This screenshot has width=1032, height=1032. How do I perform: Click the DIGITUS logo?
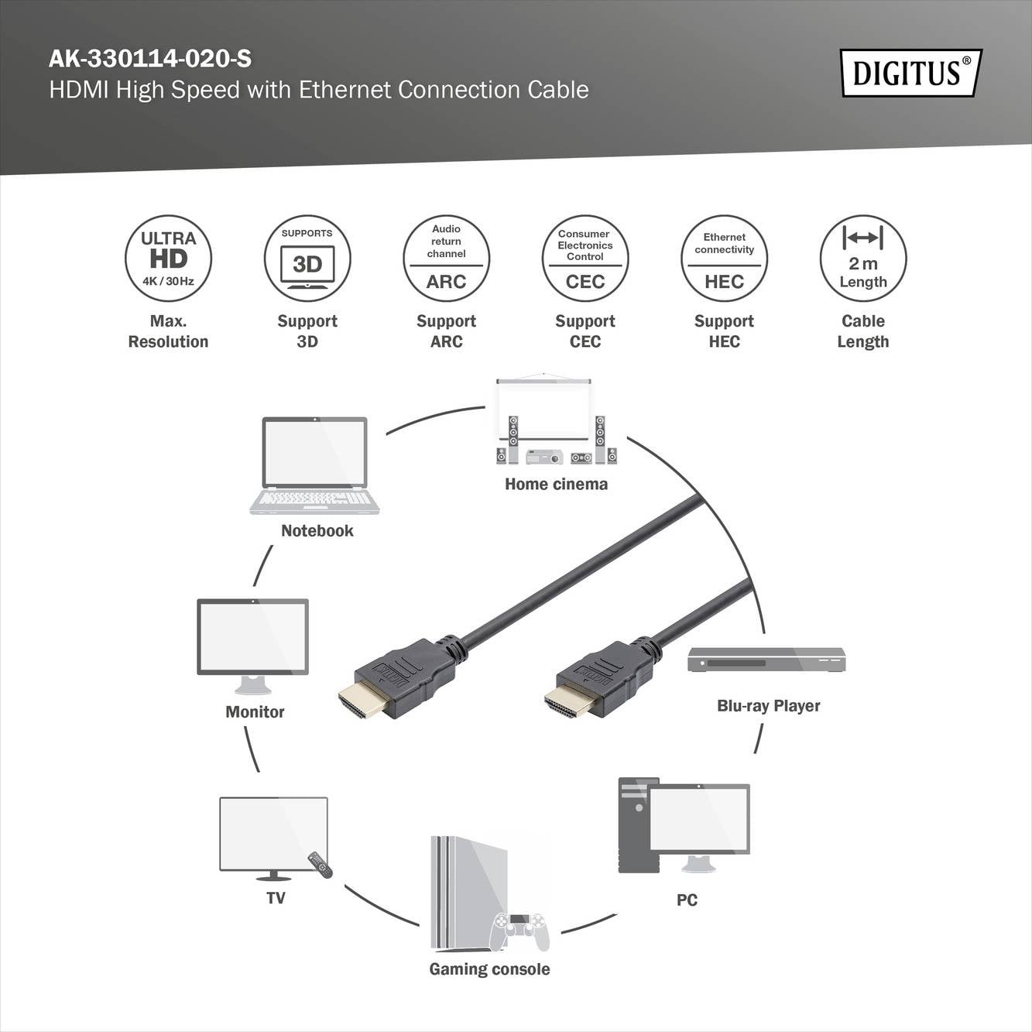910,73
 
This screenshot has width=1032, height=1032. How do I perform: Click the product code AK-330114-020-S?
150,59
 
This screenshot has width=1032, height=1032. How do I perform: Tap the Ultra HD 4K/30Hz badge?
168,259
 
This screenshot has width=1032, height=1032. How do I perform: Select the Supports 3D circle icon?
307,259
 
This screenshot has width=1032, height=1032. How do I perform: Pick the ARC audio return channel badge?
446,259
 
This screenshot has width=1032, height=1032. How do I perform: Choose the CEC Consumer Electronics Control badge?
585,259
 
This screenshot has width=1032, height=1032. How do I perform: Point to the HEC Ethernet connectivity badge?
724,259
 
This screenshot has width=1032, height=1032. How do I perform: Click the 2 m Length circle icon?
862,259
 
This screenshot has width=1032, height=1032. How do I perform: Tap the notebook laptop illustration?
314,465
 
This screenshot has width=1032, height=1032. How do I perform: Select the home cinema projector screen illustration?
544,410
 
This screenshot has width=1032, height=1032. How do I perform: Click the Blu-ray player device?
766,660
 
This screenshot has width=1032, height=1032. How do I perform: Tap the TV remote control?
320,864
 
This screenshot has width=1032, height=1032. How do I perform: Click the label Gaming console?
489,969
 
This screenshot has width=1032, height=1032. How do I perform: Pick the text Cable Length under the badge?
862,331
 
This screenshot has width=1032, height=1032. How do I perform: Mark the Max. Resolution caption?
168,331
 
